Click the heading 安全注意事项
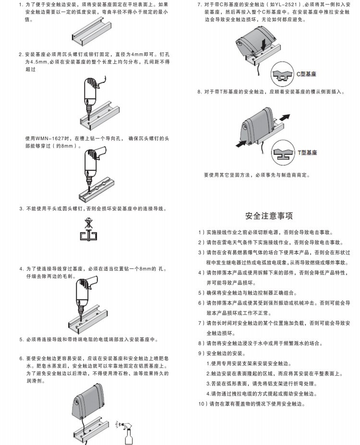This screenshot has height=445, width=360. (x=269, y=216)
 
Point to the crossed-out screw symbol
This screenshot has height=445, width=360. (x=87, y=224)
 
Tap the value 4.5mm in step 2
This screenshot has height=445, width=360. (x=33, y=62)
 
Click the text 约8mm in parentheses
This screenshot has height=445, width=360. (x=65, y=145)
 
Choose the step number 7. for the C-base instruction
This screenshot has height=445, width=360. (x=200, y=4)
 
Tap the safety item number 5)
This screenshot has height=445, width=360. (x=200, y=292)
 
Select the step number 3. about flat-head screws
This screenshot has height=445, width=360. (x=21, y=209)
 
